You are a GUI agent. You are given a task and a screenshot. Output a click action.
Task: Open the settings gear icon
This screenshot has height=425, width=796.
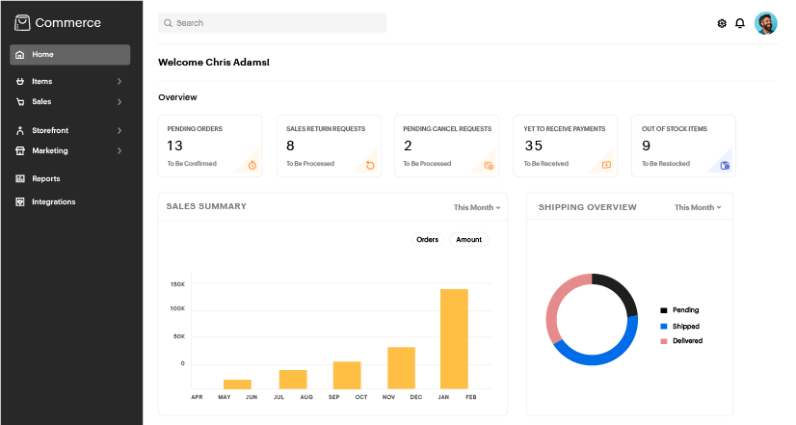click(722, 23)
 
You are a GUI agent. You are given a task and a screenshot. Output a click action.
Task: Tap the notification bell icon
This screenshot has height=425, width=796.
click(740, 23)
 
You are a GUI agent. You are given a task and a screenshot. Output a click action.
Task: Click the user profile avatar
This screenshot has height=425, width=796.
click(766, 23)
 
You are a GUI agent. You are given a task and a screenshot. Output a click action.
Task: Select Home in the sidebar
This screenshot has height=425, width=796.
click(69, 55)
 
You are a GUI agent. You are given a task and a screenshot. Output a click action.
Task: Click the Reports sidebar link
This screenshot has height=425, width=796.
click(45, 178)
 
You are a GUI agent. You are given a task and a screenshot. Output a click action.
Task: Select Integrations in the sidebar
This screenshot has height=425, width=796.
click(53, 201)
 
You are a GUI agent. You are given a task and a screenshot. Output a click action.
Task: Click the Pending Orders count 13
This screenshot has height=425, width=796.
click(174, 146)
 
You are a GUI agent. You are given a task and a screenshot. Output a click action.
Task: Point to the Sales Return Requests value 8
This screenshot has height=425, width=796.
click(290, 146)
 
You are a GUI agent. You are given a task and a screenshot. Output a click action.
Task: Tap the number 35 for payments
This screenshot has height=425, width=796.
click(533, 146)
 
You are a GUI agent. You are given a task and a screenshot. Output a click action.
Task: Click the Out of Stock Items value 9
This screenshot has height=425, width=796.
click(646, 146)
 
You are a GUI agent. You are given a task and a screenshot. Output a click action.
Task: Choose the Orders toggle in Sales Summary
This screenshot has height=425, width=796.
click(427, 239)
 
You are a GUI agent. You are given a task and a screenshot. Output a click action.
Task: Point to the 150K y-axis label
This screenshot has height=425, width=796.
click(177, 284)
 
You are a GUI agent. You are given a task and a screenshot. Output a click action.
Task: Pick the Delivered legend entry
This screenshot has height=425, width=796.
click(686, 341)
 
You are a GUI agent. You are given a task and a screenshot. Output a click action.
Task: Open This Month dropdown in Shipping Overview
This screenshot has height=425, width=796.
click(698, 207)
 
